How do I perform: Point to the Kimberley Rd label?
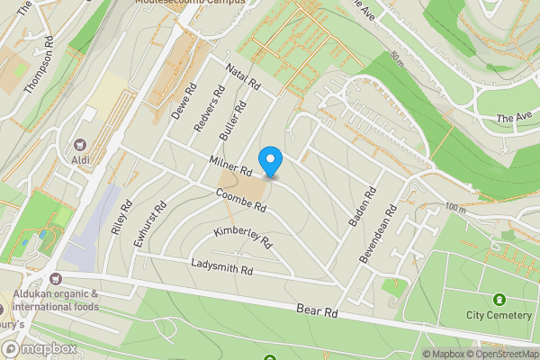(242, 238)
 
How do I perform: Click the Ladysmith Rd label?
(222, 267)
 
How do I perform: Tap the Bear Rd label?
(317, 312)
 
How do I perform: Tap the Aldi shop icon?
(82, 146)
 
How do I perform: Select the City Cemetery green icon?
(499, 300)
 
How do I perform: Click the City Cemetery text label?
(499, 316)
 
